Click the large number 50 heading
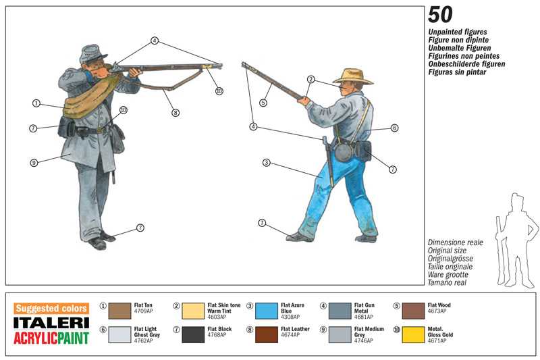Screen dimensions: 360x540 440,15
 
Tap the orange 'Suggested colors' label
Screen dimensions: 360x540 51,308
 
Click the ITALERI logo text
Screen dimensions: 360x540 51,322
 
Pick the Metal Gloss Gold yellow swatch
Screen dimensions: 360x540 414,334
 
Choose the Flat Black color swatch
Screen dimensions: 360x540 193,334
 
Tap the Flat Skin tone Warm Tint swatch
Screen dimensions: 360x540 193,311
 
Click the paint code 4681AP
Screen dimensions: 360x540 363,316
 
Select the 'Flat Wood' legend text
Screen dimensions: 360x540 439,305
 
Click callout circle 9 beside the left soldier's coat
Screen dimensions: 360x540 34,161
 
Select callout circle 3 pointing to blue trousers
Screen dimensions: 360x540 267,162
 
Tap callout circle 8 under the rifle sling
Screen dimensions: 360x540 175,113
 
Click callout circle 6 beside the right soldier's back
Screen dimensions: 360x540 394,128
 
